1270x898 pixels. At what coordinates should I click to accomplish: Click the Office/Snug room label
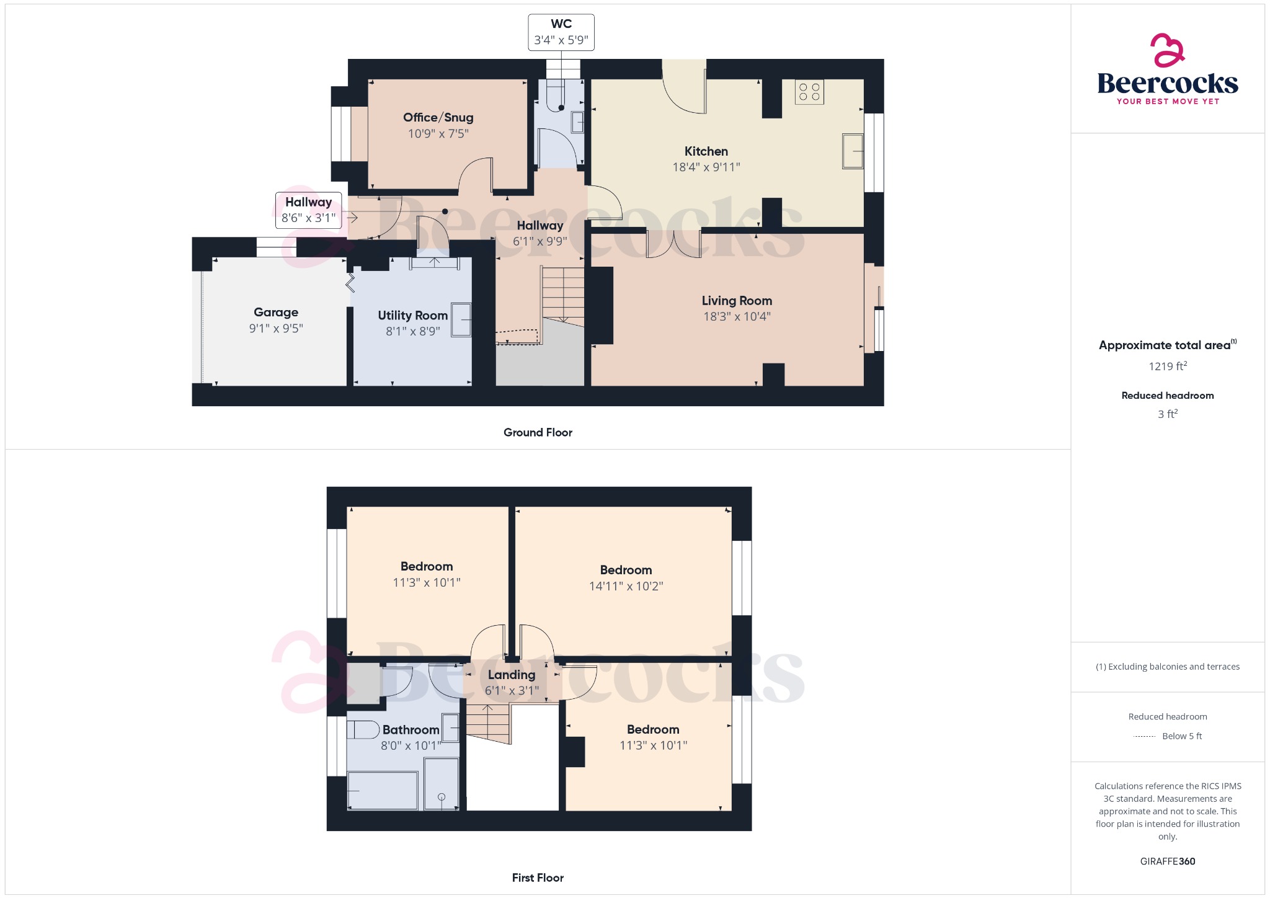[x=438, y=118]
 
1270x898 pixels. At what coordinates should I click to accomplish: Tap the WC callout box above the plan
[x=561, y=32]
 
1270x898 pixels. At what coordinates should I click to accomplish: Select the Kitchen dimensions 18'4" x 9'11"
[x=706, y=167]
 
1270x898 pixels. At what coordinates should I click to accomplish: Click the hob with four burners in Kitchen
[x=809, y=92]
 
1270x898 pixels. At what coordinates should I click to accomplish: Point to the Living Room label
[x=737, y=301]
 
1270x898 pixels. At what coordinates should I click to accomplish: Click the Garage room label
[x=276, y=313]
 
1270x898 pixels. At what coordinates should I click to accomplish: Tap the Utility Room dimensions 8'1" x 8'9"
[x=413, y=331]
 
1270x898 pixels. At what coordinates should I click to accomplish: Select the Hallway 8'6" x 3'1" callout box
[x=308, y=210]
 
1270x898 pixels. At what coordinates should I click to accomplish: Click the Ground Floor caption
[x=538, y=432]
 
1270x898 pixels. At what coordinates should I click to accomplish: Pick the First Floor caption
[x=538, y=878]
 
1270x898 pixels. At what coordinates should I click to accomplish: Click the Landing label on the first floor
[x=512, y=675]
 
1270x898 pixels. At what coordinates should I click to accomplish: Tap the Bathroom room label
[x=411, y=730]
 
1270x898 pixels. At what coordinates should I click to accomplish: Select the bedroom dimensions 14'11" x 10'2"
[x=626, y=586]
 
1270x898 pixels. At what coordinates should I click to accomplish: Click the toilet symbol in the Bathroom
[x=363, y=729]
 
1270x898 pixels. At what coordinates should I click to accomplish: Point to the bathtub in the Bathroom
[x=383, y=790]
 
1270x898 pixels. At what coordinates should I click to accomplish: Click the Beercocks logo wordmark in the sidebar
[x=1168, y=83]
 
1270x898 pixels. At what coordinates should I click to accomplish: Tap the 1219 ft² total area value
[x=1168, y=366]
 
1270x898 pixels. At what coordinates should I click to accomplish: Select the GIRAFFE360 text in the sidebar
[x=1168, y=861]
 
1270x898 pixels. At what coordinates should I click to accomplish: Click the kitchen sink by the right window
[x=853, y=151]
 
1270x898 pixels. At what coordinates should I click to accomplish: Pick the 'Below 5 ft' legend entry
[x=1181, y=736]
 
